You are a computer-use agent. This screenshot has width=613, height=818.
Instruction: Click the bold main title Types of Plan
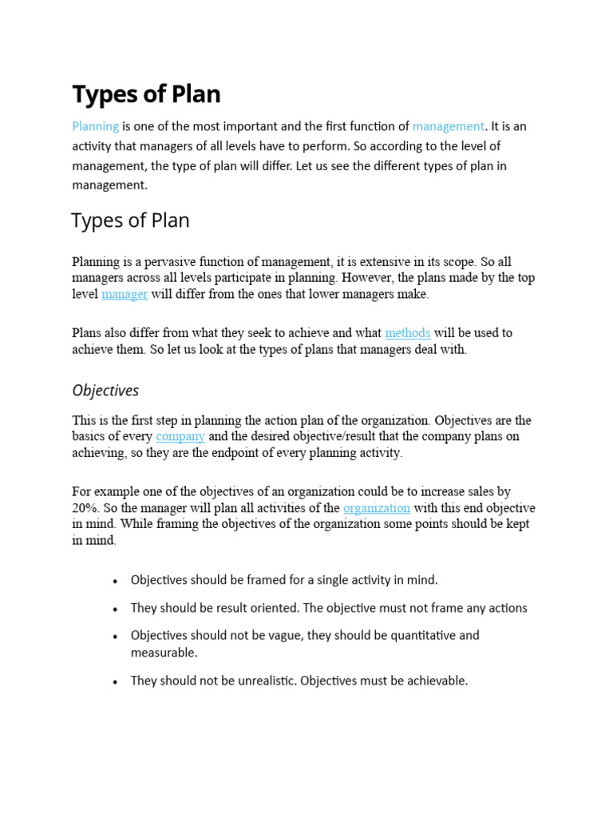(x=146, y=94)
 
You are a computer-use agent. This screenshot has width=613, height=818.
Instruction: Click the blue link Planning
(x=96, y=126)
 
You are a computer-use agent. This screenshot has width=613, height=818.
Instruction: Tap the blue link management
(x=448, y=126)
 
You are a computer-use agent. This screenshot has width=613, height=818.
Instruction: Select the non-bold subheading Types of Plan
(x=130, y=220)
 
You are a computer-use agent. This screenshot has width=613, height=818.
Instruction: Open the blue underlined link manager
(x=125, y=294)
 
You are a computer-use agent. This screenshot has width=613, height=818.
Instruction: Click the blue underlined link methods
(x=407, y=332)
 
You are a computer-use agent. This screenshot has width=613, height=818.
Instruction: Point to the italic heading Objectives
(x=105, y=391)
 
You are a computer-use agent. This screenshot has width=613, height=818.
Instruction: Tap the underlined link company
(x=180, y=436)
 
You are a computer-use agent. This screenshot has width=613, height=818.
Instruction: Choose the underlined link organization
(x=377, y=508)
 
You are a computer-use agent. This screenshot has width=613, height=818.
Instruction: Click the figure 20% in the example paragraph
(x=85, y=508)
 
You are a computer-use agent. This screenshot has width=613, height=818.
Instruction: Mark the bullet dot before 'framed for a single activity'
(x=116, y=582)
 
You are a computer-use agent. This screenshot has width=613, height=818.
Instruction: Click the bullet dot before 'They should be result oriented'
(x=116, y=610)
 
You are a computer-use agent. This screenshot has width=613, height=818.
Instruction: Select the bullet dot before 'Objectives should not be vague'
(x=116, y=637)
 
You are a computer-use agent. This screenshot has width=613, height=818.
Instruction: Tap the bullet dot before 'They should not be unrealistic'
(x=116, y=682)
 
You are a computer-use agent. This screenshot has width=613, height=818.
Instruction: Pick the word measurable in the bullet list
(x=163, y=653)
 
